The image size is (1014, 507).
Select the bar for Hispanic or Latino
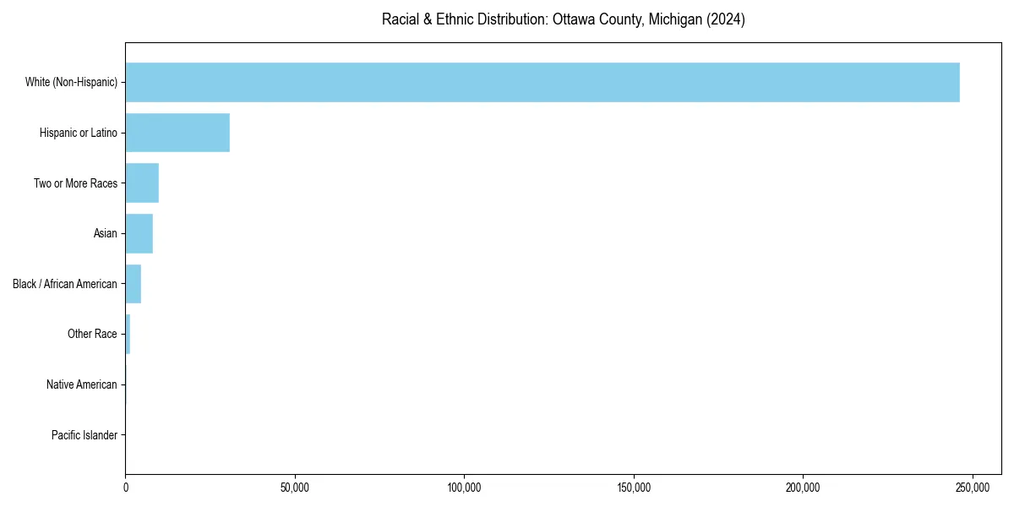point(177,133)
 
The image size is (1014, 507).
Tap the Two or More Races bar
point(142,183)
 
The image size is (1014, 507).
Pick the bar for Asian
point(139,233)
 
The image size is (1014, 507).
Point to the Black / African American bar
point(134,284)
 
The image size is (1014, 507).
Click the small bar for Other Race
point(128,335)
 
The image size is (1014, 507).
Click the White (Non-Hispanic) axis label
point(71,82)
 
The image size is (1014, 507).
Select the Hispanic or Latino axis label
point(79,133)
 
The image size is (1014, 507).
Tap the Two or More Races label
point(75,183)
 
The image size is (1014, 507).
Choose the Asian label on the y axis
point(106,233)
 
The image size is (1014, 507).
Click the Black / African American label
point(65,284)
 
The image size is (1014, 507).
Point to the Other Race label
point(92,335)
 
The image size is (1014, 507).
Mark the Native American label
point(82,384)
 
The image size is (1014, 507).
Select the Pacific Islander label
point(84,435)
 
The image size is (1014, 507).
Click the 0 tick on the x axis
point(126,488)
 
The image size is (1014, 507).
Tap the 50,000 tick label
point(295,488)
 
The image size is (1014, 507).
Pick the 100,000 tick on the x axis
point(464,488)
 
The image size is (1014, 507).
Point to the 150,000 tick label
point(634,488)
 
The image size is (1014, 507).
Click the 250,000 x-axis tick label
point(973,488)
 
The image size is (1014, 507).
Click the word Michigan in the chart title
point(673,19)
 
